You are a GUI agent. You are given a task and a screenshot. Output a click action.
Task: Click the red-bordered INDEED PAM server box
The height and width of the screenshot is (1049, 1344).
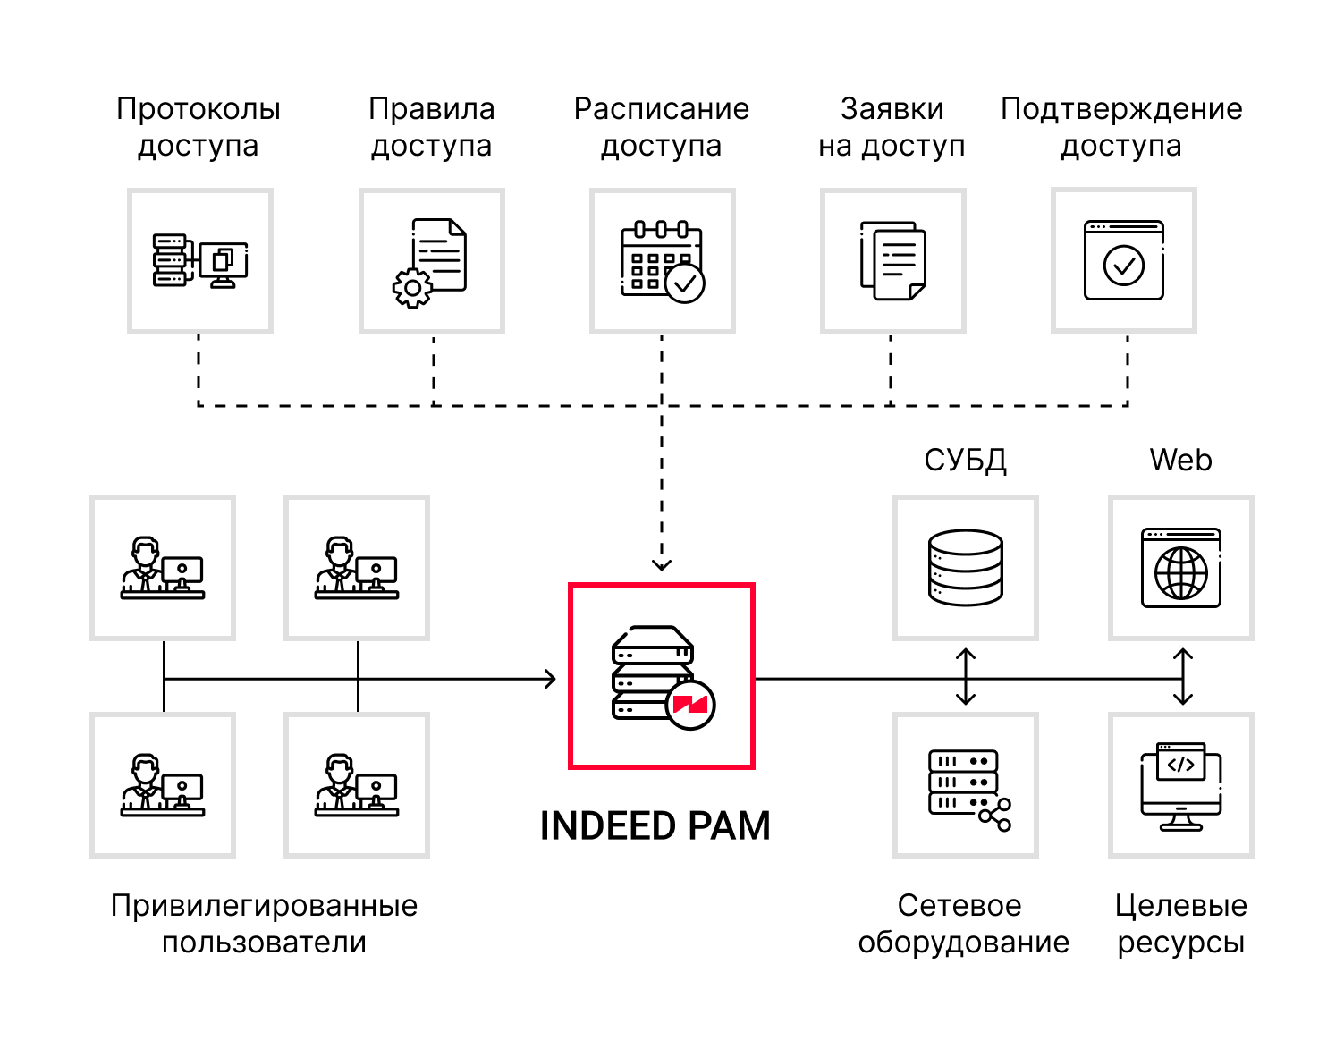tap(662, 676)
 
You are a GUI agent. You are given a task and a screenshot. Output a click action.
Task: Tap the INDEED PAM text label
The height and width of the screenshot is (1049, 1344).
tap(655, 825)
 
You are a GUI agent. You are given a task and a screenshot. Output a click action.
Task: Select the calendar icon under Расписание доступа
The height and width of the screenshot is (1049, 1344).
tap(662, 261)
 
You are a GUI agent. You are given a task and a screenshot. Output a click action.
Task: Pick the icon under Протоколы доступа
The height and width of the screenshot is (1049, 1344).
tap(199, 261)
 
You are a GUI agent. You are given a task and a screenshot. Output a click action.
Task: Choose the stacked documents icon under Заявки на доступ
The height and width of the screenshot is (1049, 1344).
tap(892, 261)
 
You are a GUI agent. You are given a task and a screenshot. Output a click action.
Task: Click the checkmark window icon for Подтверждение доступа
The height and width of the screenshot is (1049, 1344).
tap(1123, 260)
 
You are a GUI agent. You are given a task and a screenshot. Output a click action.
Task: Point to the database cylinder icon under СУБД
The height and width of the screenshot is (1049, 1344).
tap(965, 568)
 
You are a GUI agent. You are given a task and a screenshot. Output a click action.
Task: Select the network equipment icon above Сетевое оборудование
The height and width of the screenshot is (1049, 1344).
tap(968, 787)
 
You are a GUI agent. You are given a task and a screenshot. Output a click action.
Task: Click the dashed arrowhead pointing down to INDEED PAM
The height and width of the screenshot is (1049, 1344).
tap(662, 564)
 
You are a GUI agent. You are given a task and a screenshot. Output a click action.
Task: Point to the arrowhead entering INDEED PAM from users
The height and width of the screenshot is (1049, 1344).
tap(552, 679)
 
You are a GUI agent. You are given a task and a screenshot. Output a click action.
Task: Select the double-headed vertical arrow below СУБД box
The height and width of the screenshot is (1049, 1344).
tap(966, 677)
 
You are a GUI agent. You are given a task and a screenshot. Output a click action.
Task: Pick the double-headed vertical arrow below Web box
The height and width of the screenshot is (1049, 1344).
tap(1183, 677)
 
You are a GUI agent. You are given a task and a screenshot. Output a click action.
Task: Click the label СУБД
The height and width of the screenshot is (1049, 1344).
tap(965, 460)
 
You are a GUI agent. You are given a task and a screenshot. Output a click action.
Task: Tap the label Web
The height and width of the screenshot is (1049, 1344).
tap(1180, 460)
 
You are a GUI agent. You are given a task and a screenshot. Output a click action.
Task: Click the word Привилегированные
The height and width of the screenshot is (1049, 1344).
tap(264, 905)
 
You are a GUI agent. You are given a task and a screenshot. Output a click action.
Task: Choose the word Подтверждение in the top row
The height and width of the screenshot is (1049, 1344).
tap(1121, 108)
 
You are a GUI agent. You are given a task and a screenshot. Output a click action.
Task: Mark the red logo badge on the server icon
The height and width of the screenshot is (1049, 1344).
tap(690, 705)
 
